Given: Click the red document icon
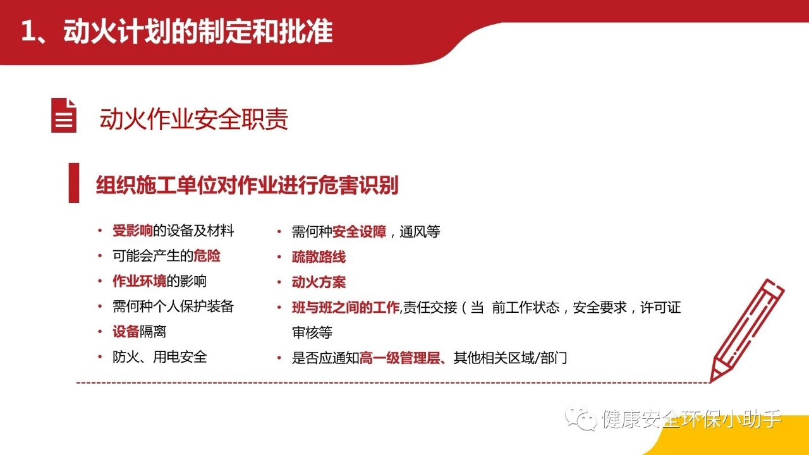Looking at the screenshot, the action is (x=64, y=115).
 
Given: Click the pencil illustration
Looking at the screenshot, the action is (x=746, y=331).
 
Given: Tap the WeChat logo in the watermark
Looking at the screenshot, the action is (x=581, y=418).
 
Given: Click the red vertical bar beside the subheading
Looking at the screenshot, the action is (x=74, y=183).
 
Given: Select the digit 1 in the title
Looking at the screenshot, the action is (x=28, y=32).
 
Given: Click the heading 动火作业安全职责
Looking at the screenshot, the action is (x=194, y=119).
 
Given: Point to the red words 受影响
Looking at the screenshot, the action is (x=133, y=231).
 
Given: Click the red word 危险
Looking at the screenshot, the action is (x=207, y=256).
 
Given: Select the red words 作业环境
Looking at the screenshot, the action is (x=140, y=281).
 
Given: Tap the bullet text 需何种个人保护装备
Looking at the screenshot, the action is (x=173, y=306).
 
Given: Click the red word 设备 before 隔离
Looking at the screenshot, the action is (x=126, y=332).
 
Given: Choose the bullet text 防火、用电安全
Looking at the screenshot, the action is (x=160, y=357).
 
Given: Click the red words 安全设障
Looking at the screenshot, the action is (x=359, y=232).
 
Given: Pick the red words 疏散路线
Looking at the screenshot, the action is (x=319, y=257).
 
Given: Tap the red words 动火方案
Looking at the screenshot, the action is (x=319, y=282).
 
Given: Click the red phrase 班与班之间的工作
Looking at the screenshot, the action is (x=346, y=308).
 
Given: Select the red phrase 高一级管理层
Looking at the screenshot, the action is (x=400, y=358).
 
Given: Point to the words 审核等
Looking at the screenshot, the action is (x=312, y=332).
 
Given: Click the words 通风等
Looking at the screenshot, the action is (x=420, y=232).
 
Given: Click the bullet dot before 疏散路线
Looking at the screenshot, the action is (x=279, y=257).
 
